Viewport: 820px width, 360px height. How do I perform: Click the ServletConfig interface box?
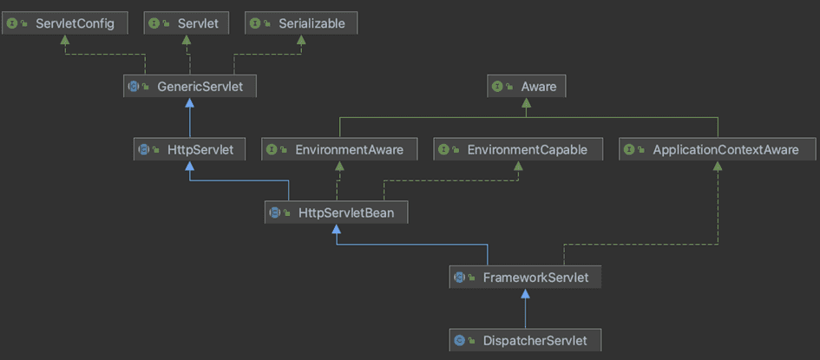pos(66,23)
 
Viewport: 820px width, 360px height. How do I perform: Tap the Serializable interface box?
pos(300,23)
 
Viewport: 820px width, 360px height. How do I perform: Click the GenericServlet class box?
pos(189,86)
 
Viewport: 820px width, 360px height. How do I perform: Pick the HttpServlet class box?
pos(190,149)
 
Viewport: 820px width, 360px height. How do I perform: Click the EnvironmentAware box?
pos(339,149)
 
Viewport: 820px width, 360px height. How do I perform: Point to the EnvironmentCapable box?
pos(518,149)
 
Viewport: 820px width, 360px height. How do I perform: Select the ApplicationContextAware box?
pos(717,149)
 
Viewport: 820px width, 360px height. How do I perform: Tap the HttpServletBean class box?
pos(336,212)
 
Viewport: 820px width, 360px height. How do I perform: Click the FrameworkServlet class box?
pos(524,278)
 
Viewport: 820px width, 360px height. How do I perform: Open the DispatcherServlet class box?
pos(524,340)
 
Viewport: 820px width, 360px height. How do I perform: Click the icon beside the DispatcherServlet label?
pos(460,340)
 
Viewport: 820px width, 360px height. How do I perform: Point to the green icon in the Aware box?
pos(498,86)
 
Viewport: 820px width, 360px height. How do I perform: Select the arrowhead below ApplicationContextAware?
pos(717,167)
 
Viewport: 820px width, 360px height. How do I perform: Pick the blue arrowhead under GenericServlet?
pos(189,103)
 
